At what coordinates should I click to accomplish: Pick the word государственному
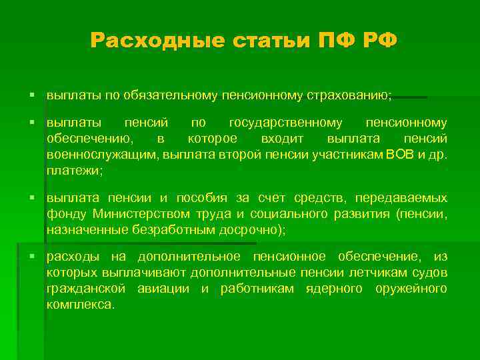pos(286,123)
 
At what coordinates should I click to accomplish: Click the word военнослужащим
pos(91,155)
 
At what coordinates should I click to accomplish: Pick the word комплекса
pos(80,305)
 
